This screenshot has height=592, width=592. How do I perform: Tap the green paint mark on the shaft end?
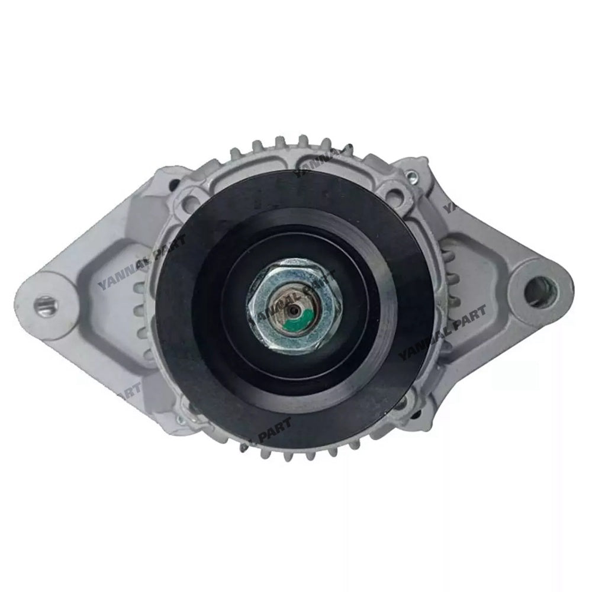[x=301, y=324]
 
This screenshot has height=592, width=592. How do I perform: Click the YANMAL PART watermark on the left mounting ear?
[x=143, y=261]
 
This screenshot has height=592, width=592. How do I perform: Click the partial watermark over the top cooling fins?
[x=320, y=163]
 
